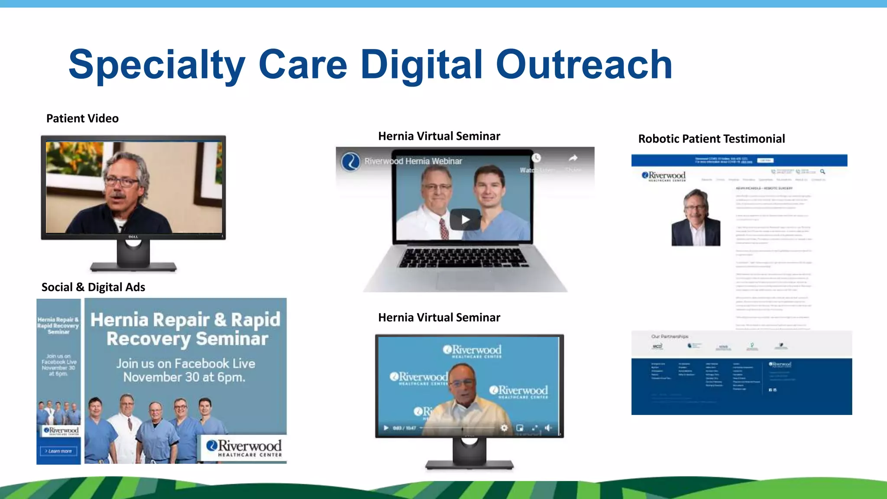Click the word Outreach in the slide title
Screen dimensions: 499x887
pos(584,65)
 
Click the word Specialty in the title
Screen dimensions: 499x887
pos(157,65)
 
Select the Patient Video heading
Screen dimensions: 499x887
pos(82,118)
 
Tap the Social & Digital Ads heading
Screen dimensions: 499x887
pos(93,287)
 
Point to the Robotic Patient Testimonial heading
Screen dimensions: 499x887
pos(711,139)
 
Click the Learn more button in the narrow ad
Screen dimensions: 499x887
pos(58,451)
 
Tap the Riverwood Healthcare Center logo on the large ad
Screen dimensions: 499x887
pos(244,448)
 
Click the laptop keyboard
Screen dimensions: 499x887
pos(463,258)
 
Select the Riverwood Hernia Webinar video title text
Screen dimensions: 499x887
pos(413,161)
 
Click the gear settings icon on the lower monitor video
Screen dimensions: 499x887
pos(504,428)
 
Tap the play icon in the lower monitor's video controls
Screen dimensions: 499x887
pos(386,428)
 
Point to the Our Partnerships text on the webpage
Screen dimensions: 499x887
pos(670,336)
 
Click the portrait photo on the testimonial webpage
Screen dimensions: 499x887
pos(696,218)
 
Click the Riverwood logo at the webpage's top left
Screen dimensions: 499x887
pos(664,176)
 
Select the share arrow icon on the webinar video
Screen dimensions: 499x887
pos(573,158)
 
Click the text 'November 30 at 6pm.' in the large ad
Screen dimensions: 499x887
pos(185,377)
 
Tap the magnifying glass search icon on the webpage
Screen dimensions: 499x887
pos(822,172)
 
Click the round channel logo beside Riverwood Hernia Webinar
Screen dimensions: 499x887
pos(350,162)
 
